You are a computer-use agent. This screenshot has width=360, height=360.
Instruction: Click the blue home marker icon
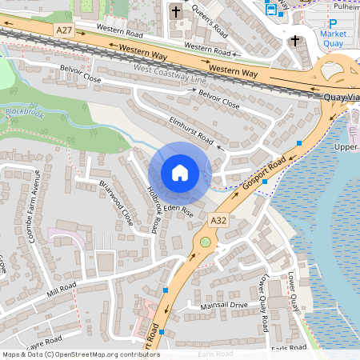(180, 173)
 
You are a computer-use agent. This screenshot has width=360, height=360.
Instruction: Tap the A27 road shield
(65, 30)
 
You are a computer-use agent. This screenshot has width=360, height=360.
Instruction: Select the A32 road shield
(218, 218)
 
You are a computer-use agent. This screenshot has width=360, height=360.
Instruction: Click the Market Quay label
(333, 39)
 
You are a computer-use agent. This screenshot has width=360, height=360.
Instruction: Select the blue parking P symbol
(333, 23)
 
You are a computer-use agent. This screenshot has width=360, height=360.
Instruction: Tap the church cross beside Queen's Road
(176, 11)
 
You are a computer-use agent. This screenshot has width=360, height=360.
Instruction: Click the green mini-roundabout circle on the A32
(206, 241)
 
